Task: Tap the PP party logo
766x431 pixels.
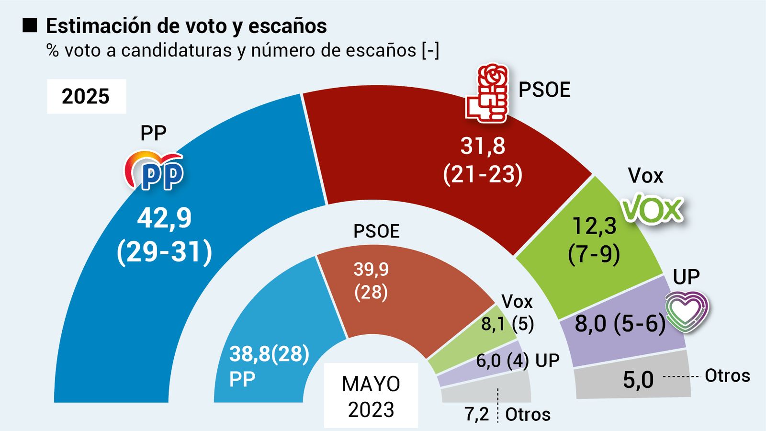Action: tap(154, 171)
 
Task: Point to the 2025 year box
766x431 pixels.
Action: tap(86, 96)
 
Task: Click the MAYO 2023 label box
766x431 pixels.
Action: tap(371, 396)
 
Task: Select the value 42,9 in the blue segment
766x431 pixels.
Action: tap(164, 218)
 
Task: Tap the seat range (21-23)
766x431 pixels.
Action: tap(483, 174)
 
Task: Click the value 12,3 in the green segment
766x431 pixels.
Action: tap(595, 226)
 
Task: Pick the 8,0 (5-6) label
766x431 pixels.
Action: tap(620, 324)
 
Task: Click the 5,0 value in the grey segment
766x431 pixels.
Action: tap(638, 380)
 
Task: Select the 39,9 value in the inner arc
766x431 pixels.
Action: tap(371, 269)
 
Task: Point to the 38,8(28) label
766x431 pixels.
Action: tap(269, 354)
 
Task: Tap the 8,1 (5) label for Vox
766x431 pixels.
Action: tap(507, 324)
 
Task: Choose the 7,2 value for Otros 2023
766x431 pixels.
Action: tap(477, 414)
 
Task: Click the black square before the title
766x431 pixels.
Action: tap(30, 25)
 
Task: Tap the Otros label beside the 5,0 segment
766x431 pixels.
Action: tap(727, 376)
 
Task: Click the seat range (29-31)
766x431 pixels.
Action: tap(164, 251)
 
